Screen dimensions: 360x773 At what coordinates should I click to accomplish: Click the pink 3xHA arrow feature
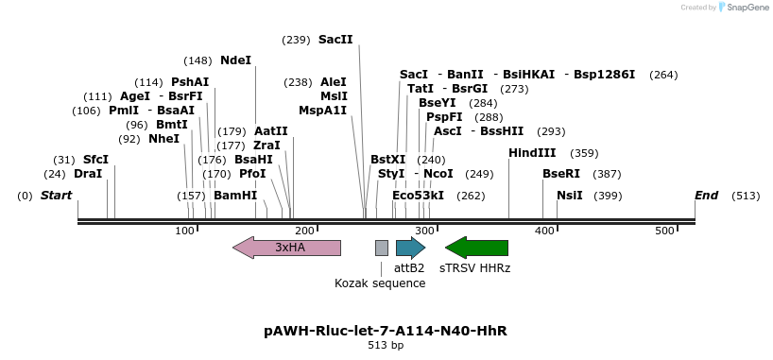(x=286, y=248)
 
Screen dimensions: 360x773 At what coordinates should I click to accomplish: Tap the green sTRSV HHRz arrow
(x=477, y=248)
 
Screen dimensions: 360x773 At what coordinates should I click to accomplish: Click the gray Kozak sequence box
(x=382, y=248)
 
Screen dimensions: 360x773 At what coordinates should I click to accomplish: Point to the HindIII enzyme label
(x=532, y=153)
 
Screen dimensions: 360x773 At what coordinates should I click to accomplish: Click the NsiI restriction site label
(x=570, y=196)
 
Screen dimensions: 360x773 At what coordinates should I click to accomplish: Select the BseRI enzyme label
(x=561, y=174)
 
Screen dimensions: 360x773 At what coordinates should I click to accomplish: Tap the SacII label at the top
(x=335, y=40)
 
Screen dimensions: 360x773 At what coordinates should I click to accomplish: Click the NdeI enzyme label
(x=236, y=60)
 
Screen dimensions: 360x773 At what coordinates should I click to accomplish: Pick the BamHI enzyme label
(x=235, y=196)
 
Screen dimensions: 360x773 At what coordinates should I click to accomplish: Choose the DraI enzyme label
(x=88, y=174)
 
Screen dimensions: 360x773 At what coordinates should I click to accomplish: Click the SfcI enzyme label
(x=96, y=160)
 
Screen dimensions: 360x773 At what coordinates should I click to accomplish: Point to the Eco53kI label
(x=418, y=196)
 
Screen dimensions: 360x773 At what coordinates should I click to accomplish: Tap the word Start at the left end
(x=56, y=196)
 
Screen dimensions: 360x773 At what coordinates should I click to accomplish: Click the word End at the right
(x=706, y=196)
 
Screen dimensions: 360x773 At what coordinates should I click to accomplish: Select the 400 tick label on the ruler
(x=544, y=231)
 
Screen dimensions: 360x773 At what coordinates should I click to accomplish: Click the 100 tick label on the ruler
(x=185, y=231)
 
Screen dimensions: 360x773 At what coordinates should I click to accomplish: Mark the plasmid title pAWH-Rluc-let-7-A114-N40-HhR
(x=386, y=331)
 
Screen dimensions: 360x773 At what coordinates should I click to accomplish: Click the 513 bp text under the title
(x=386, y=346)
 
